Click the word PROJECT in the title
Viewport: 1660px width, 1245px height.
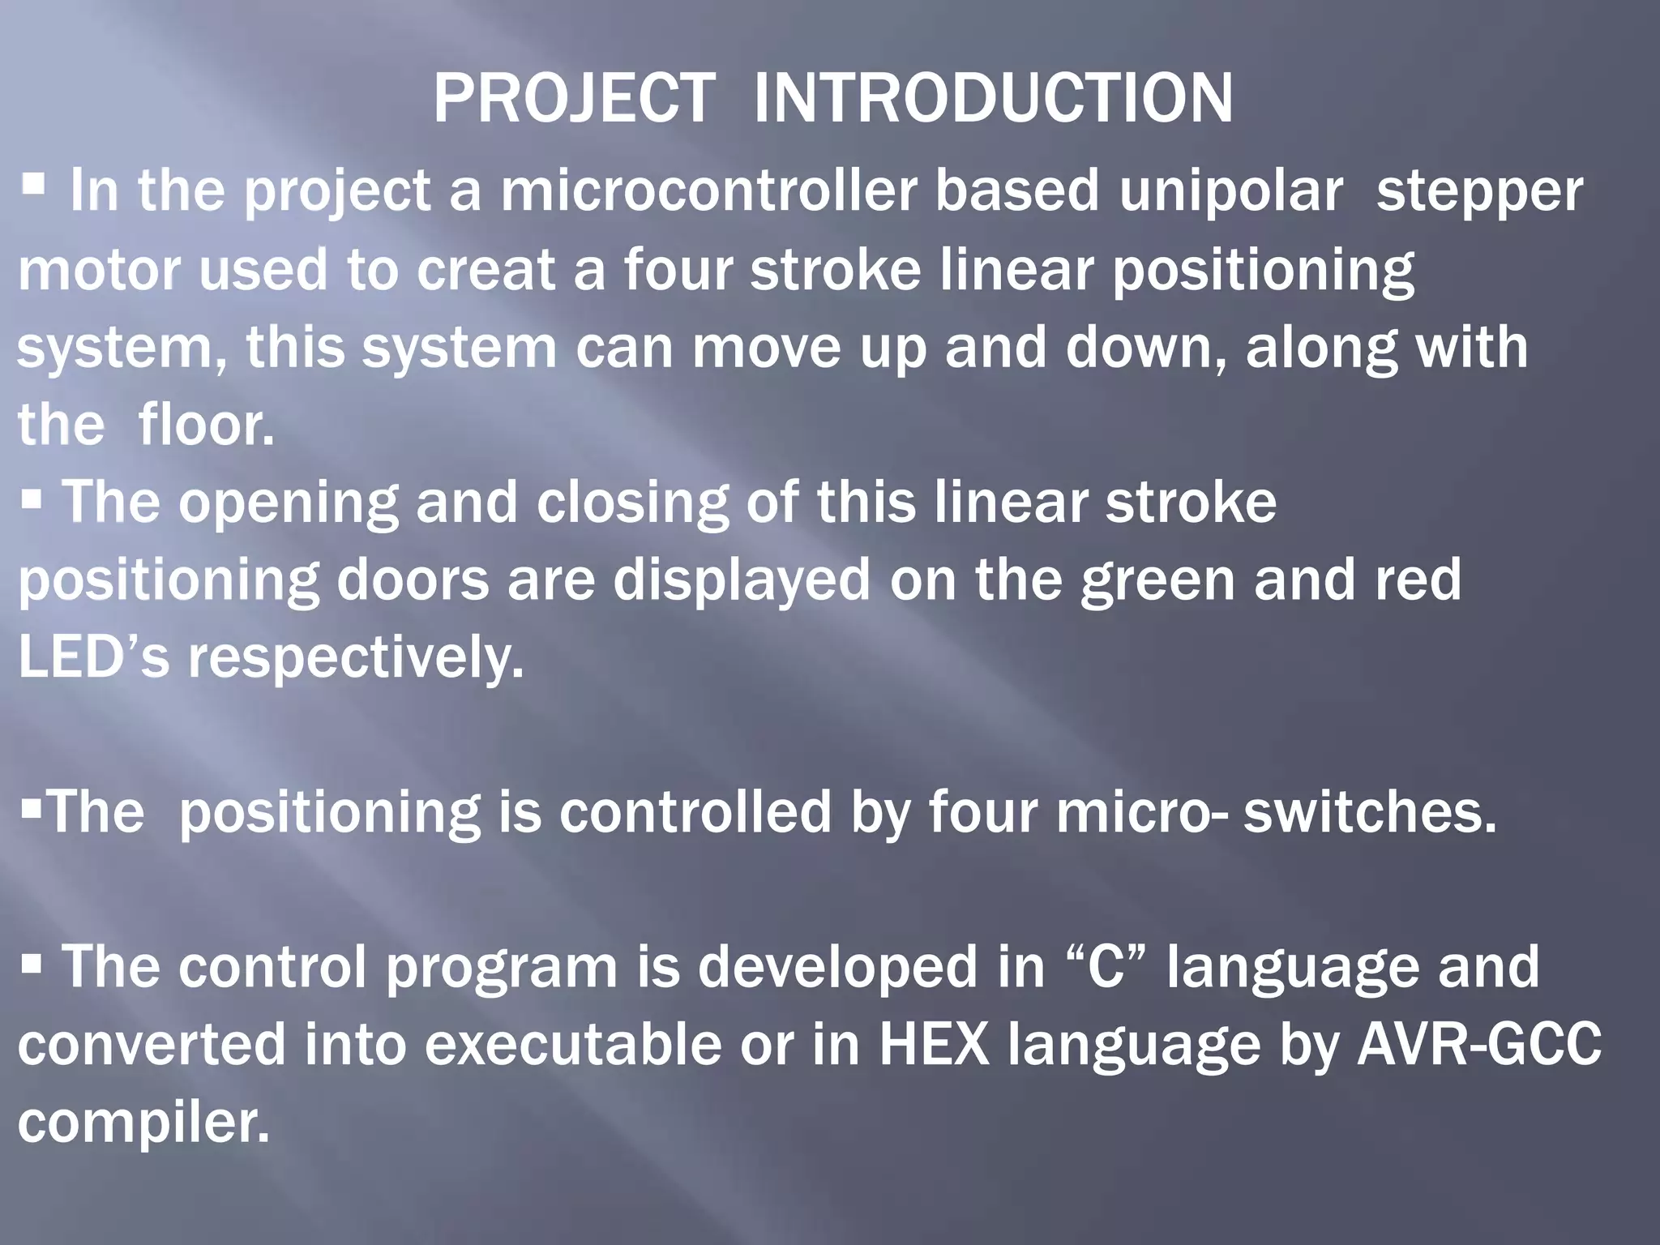click(x=574, y=99)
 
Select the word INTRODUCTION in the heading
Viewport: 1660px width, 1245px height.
click(x=993, y=99)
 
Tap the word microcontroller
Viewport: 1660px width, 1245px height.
click(x=708, y=191)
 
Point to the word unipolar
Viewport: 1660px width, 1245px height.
click(x=1231, y=191)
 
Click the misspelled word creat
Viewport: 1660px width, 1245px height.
click(x=486, y=269)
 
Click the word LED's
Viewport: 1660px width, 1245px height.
click(x=93, y=657)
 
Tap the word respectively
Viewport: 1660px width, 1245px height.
click(x=357, y=658)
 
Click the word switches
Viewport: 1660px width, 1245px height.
click(x=1370, y=812)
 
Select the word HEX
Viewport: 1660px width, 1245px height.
click(x=934, y=1044)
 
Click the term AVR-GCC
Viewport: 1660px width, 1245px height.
click(x=1478, y=1044)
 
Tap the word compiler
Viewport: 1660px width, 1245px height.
click(x=143, y=1123)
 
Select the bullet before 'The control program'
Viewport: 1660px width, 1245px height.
click(x=32, y=965)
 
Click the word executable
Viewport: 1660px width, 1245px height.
click(x=572, y=1044)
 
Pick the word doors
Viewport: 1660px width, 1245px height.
click(x=413, y=580)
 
